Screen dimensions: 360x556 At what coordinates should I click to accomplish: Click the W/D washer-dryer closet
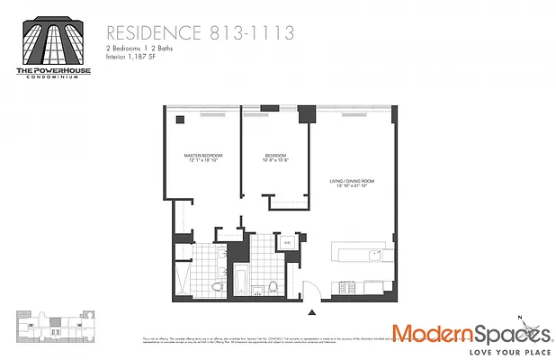click(287, 243)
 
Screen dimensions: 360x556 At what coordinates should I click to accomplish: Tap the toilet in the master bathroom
click(217, 287)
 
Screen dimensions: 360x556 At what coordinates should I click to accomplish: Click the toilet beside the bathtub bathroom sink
click(273, 288)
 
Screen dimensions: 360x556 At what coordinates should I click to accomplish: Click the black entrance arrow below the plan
click(312, 312)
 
